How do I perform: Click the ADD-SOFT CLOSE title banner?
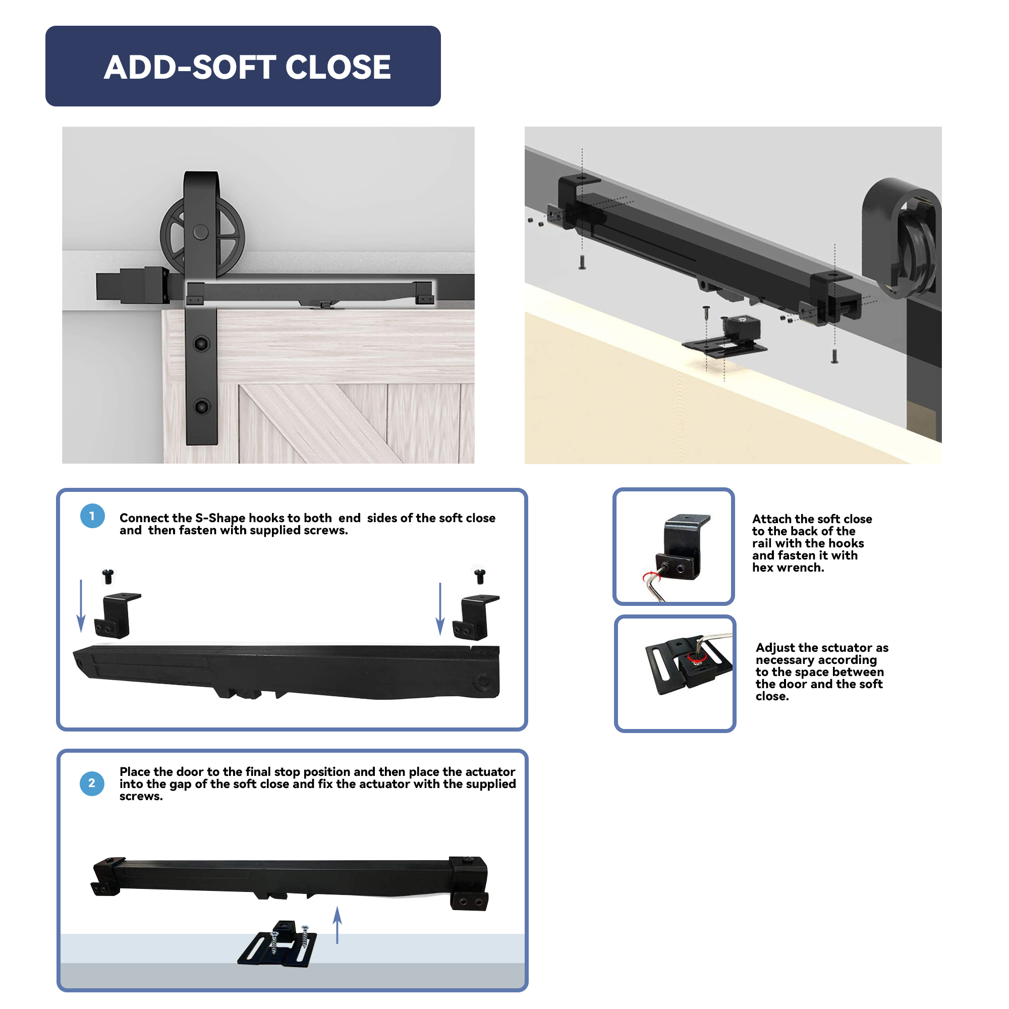(243, 66)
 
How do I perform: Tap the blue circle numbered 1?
(92, 516)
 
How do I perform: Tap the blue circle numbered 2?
(92, 783)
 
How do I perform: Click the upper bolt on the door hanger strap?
(201, 343)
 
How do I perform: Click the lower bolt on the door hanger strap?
(201, 406)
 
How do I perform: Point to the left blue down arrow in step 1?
(81, 606)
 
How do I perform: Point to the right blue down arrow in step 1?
(440, 608)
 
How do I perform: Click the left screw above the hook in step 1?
(108, 577)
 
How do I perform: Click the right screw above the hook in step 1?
(480, 577)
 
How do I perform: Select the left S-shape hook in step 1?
(118, 615)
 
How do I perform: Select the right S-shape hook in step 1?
(476, 618)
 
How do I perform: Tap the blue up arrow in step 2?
(338, 925)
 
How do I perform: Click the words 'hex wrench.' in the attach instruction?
(788, 568)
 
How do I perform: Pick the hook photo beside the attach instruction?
(674, 547)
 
